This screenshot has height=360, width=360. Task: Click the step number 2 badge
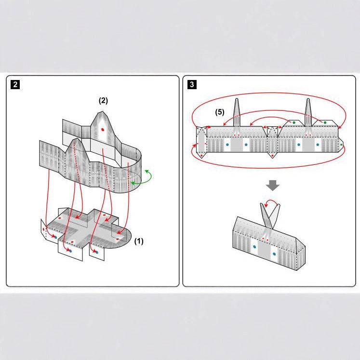[x=15, y=85]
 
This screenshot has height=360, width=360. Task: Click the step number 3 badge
[x=192, y=85]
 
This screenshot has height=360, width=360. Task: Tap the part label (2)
[x=103, y=101]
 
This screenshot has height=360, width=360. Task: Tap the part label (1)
[x=139, y=240]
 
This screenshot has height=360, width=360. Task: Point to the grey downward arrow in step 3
[x=273, y=185]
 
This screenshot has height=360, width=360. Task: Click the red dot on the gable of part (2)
[x=103, y=130]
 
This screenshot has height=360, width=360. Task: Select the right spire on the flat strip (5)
[x=308, y=112]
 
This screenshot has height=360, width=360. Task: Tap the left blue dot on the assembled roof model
[x=254, y=246]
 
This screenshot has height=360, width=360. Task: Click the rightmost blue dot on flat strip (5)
[x=318, y=144]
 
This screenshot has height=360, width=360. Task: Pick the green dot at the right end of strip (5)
[x=341, y=144]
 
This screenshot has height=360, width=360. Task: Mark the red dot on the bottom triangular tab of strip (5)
[x=273, y=156]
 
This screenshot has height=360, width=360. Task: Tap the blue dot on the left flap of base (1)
[x=55, y=237]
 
